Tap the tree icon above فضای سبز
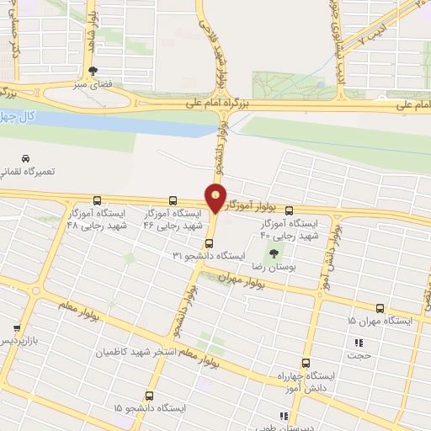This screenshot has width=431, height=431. [x=93, y=71]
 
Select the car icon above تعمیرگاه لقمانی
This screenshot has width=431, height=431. [x=24, y=158]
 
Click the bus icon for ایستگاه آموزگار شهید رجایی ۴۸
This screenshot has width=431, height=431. [x=98, y=201]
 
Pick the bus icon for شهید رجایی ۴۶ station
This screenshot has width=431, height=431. [x=173, y=200]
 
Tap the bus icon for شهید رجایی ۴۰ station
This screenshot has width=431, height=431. [x=290, y=211]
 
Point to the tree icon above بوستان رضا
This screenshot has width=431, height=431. [x=272, y=253]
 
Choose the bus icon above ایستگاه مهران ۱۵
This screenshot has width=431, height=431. [x=380, y=308]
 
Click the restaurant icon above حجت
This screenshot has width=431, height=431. [x=360, y=343]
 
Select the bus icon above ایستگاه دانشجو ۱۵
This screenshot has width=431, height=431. [x=149, y=395]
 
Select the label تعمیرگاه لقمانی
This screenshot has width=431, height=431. [x=50, y=172]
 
